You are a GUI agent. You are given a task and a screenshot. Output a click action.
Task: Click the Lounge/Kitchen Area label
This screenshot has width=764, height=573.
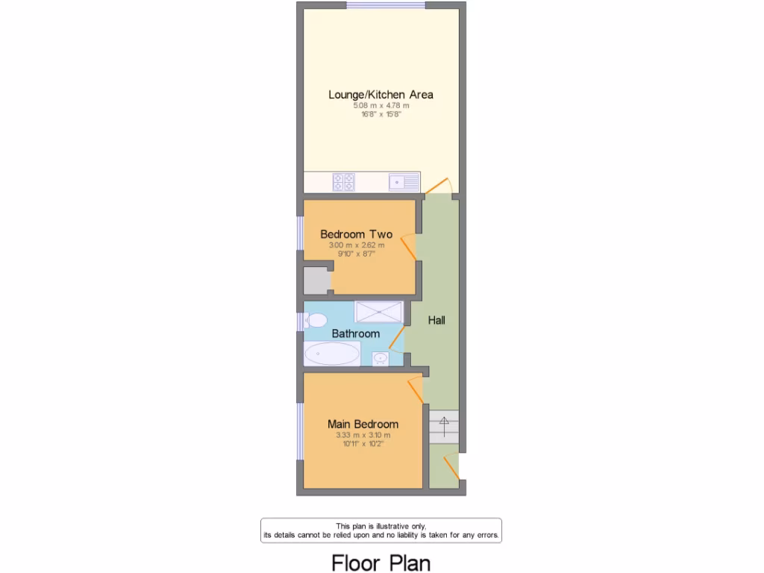[x=381, y=95]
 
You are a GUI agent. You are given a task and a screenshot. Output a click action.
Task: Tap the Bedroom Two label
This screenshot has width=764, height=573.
[x=356, y=234]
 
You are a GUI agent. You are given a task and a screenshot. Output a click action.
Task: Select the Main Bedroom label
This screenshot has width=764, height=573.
[x=363, y=424]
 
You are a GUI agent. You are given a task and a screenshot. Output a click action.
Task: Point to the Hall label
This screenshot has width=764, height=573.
[x=436, y=320]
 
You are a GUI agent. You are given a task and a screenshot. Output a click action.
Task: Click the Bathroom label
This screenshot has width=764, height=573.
[x=355, y=334]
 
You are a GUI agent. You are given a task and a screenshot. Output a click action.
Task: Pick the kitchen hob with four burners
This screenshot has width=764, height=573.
[x=344, y=182]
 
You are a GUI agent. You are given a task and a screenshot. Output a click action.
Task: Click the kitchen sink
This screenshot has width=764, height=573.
[x=403, y=182]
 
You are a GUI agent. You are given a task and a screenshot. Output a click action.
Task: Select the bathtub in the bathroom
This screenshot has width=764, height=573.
[x=332, y=354]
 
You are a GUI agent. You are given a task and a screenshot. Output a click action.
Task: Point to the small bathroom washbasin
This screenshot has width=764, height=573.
[x=381, y=359]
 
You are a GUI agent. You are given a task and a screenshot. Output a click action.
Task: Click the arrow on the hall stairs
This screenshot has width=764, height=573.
[x=444, y=426]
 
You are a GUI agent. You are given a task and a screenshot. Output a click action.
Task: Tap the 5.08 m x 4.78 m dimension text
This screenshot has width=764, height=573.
[x=381, y=106]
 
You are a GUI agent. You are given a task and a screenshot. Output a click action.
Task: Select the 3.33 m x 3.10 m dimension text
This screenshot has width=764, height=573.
[x=363, y=435]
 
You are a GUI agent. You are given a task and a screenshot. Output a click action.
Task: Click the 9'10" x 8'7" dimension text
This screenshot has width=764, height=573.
[x=356, y=254]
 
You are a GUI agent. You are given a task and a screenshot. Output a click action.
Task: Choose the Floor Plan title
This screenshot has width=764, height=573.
[x=381, y=561]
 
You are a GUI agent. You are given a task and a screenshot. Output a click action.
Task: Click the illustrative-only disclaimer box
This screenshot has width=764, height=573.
[x=381, y=530]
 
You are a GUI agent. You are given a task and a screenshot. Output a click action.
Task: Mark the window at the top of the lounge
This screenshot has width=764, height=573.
[x=386, y=6]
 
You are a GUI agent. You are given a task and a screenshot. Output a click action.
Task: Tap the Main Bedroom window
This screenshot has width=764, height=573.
[x=300, y=431]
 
